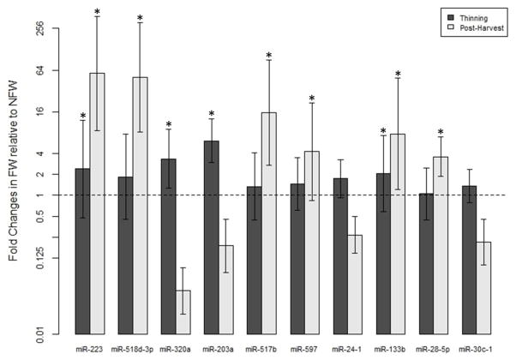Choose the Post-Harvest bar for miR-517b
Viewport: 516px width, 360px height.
pyautogui.click(x=268, y=222)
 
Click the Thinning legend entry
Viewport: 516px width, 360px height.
pyautogui.click(x=467, y=16)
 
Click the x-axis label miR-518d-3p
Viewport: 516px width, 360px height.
pyautogui.click(x=132, y=350)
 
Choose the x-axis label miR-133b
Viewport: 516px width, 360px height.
pyautogui.click(x=390, y=350)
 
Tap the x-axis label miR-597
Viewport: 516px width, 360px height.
pyautogui.click(x=304, y=350)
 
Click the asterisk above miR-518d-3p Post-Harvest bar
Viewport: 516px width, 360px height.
pyautogui.click(x=140, y=18)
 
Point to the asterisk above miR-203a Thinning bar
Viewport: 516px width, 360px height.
pyautogui.click(x=211, y=114)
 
